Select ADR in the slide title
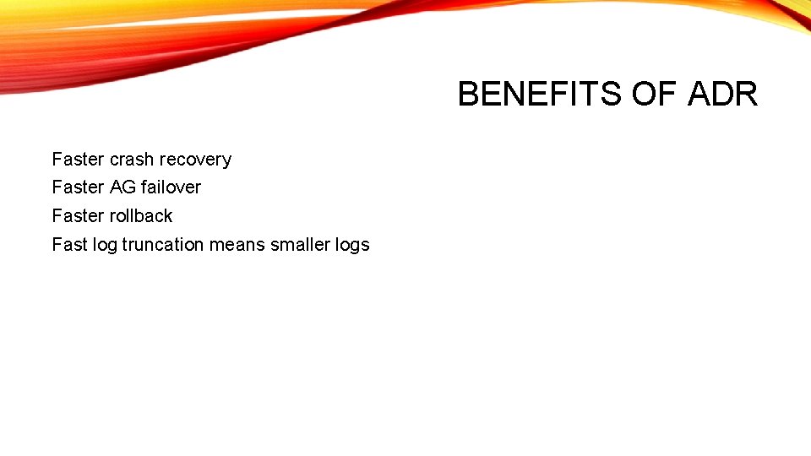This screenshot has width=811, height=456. click(x=723, y=95)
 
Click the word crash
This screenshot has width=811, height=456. click(x=132, y=160)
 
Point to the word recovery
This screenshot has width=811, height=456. click(x=195, y=160)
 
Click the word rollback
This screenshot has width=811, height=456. click(x=141, y=216)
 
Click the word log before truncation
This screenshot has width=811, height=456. click(x=105, y=245)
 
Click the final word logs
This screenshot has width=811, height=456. click(x=352, y=245)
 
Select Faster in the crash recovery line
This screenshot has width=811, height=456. click(x=78, y=160)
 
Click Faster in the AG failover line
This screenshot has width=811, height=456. click(x=78, y=187)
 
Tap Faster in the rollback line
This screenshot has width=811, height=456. click(x=78, y=216)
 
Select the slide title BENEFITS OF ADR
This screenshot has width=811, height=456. click(x=607, y=95)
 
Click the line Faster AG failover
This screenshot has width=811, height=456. click(x=127, y=187)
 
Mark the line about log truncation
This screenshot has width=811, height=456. click(x=210, y=245)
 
